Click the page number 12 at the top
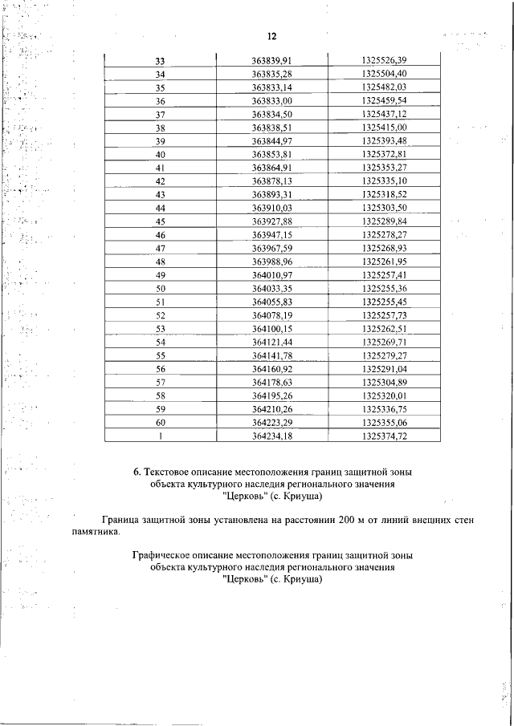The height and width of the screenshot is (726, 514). coord(271,37)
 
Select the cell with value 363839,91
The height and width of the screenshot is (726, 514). coord(271,61)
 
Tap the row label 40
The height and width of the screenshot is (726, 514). coord(160,154)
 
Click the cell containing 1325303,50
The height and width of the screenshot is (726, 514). coord(385,208)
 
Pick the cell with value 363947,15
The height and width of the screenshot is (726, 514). coord(271,234)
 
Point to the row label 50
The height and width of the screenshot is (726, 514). coord(160,288)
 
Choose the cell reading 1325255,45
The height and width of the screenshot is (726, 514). coord(385,302)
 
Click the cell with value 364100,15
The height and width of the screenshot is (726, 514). coord(271,328)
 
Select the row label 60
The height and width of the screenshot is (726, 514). coord(160,422)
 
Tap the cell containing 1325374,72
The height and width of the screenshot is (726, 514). coord(385,436)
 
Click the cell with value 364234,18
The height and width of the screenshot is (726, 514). coord(271,436)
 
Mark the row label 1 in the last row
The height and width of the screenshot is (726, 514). coord(161,436)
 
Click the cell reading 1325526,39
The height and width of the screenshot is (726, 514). coord(385,61)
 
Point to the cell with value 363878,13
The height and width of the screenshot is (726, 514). coord(271,181)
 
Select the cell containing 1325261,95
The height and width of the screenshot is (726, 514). coord(385,262)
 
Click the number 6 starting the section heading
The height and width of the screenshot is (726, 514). coord(136,473)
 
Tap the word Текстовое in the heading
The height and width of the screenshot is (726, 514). coord(169,473)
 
